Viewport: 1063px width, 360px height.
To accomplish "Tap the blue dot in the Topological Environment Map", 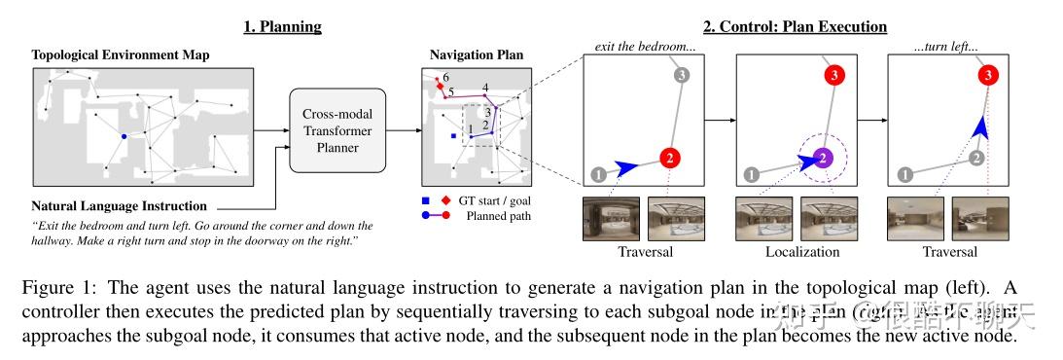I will point(124,137).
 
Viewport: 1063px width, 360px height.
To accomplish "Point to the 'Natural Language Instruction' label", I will point(119,206).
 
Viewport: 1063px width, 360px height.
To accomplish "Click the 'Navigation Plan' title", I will point(476,56).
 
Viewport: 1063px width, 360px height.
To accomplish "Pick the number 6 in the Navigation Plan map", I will point(445,77).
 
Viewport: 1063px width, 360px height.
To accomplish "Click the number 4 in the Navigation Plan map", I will point(484,90).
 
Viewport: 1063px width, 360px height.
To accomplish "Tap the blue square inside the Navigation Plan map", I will point(454,138).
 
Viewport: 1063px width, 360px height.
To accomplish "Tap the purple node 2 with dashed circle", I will point(823,157).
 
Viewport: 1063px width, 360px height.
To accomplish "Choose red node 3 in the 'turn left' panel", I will point(988,74).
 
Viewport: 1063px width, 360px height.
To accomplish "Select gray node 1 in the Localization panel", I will point(750,175).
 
